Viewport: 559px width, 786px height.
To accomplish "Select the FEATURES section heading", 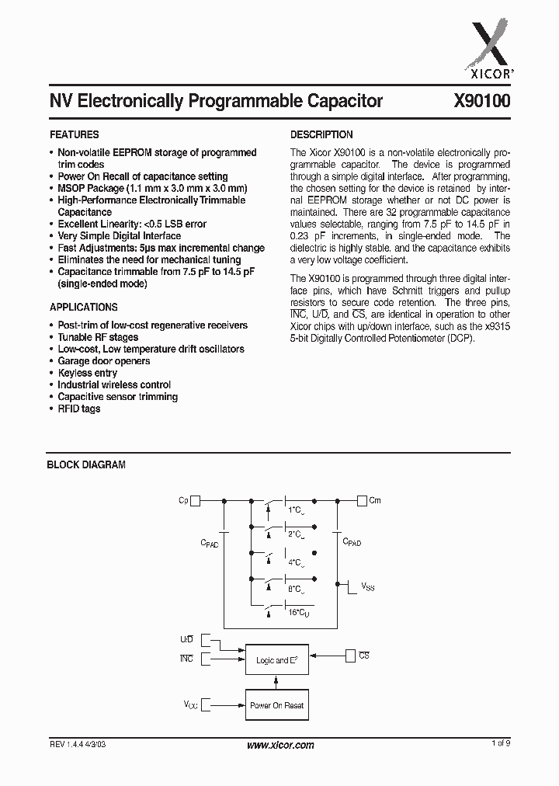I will (75, 134).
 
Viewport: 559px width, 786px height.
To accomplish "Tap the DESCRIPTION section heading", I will (321, 134).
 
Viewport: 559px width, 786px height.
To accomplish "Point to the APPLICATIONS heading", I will (84, 308).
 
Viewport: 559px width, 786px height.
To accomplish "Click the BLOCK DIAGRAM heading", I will (87, 464).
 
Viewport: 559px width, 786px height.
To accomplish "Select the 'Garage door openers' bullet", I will (104, 361).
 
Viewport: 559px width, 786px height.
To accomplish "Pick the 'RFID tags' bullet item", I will (79, 409).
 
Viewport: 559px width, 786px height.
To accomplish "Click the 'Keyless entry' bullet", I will (88, 373).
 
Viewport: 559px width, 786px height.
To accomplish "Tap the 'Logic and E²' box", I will (276, 660).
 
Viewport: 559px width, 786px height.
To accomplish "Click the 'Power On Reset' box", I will (276, 705).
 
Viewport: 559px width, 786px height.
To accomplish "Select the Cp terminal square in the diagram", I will (196, 501).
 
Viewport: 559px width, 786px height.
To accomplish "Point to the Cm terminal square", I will (362, 501).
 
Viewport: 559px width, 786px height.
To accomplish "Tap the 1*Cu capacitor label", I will (297, 510).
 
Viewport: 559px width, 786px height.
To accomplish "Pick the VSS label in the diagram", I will (367, 588).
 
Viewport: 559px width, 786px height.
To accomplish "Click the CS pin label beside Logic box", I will (364, 656).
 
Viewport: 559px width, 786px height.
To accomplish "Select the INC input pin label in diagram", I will (186, 659).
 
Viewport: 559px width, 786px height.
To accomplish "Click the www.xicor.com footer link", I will (280, 745).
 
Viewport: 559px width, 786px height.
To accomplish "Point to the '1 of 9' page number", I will (501, 744).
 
